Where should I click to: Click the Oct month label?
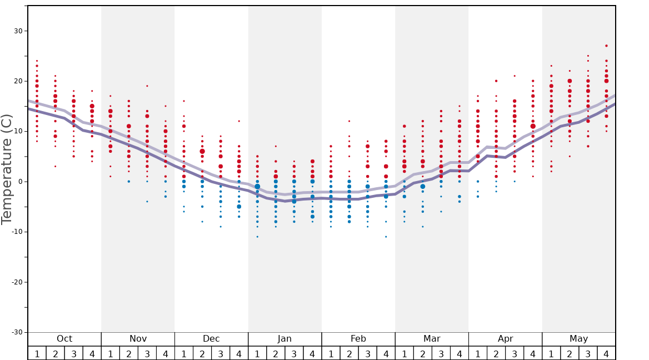pyautogui.click(x=64, y=339)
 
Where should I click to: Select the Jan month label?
pyautogui.click(x=284, y=339)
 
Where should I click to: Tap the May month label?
pyautogui.click(x=578, y=339)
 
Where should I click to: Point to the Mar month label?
pyautogui.click(x=432, y=339)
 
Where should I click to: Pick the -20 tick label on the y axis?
pyautogui.click(x=17, y=282)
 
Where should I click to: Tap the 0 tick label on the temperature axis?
pyautogui.click(x=21, y=182)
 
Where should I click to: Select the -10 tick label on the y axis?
pyautogui.click(x=17, y=232)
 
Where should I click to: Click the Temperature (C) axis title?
pyautogui.click(x=7, y=169)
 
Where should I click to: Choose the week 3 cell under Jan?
pyautogui.click(x=294, y=353)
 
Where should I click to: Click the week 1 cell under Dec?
pyautogui.click(x=184, y=353)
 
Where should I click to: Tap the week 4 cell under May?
pyautogui.click(x=606, y=353)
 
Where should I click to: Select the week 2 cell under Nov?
pyautogui.click(x=129, y=353)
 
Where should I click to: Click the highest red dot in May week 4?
pyautogui.click(x=606, y=46)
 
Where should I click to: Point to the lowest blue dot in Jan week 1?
pyautogui.click(x=257, y=237)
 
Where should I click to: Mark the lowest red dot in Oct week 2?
pyautogui.click(x=55, y=166)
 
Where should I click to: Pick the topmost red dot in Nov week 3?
pyautogui.click(x=147, y=86)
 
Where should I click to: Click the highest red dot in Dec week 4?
pyautogui.click(x=239, y=121)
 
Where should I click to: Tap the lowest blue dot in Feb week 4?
pyautogui.click(x=386, y=237)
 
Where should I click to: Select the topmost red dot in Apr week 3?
pyautogui.click(x=515, y=76)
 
